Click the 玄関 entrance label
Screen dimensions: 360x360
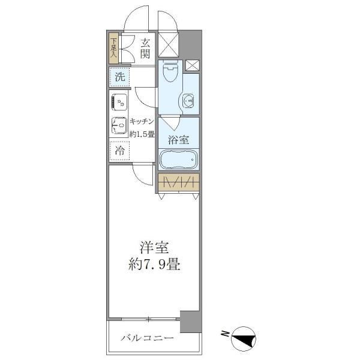[x=145, y=48]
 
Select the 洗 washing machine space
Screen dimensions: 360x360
[x=119, y=76]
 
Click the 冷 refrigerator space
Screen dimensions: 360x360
[x=119, y=151]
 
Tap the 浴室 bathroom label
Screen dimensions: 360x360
[x=178, y=140]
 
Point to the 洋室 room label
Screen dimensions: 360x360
[x=154, y=247]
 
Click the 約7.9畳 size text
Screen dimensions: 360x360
[x=154, y=264]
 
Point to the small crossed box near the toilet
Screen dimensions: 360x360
[x=192, y=66]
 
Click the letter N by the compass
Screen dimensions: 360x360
[x=224, y=334]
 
